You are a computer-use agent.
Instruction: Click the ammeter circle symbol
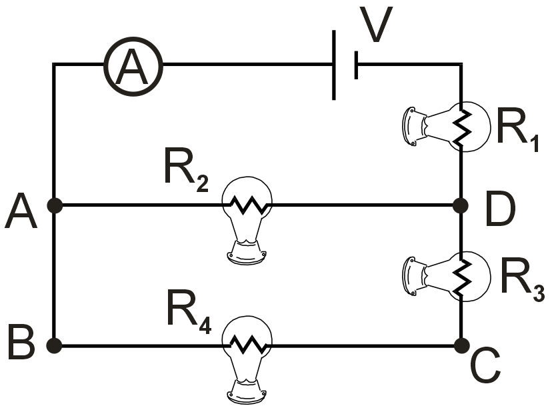coord(133,65)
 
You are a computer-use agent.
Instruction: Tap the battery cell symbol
coord(345,65)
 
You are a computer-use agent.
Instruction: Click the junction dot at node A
coord(55,205)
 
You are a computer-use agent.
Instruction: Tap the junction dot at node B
coord(55,345)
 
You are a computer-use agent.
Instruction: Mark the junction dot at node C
coord(461,345)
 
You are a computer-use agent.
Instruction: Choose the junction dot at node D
coord(461,205)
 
